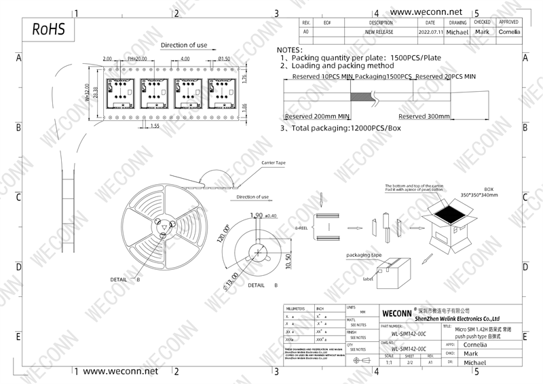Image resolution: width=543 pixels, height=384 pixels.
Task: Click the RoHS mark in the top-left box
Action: (x=48, y=30)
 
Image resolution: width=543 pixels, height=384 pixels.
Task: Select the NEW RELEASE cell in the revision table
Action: (x=380, y=32)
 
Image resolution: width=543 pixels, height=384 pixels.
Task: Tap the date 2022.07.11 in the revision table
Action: (x=431, y=32)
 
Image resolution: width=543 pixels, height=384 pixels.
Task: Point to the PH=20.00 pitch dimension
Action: (x=137, y=59)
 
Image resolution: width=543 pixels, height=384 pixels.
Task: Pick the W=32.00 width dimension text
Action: (x=87, y=92)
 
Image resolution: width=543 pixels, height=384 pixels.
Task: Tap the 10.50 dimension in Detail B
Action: (x=288, y=261)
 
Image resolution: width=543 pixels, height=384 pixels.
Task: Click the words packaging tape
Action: (x=364, y=255)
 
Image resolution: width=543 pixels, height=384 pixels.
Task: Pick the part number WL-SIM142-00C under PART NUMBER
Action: (x=408, y=334)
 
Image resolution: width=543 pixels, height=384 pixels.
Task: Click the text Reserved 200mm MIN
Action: (x=317, y=116)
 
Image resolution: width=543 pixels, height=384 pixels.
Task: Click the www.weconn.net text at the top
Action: (x=427, y=12)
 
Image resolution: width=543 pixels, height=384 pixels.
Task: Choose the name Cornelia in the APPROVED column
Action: (x=509, y=32)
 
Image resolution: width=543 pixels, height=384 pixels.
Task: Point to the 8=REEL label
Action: (x=301, y=228)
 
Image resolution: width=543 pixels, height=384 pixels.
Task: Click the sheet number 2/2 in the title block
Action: (x=410, y=362)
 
